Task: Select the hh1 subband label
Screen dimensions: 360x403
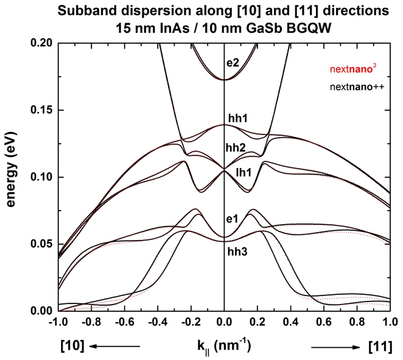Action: (x=235, y=120)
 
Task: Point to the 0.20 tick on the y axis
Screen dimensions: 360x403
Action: (x=41, y=43)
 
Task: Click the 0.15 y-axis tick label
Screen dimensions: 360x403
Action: (x=41, y=110)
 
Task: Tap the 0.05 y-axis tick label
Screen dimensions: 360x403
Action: (x=41, y=244)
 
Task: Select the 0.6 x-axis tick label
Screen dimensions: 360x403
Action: (x=323, y=322)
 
